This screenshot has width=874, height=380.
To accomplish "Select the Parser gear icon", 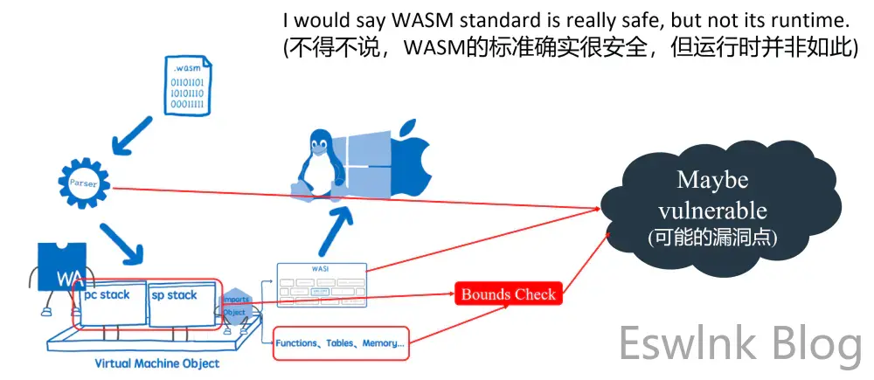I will point(82,183).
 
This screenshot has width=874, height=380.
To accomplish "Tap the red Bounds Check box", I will point(508,294).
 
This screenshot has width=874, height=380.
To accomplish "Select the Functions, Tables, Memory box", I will point(340,343).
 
